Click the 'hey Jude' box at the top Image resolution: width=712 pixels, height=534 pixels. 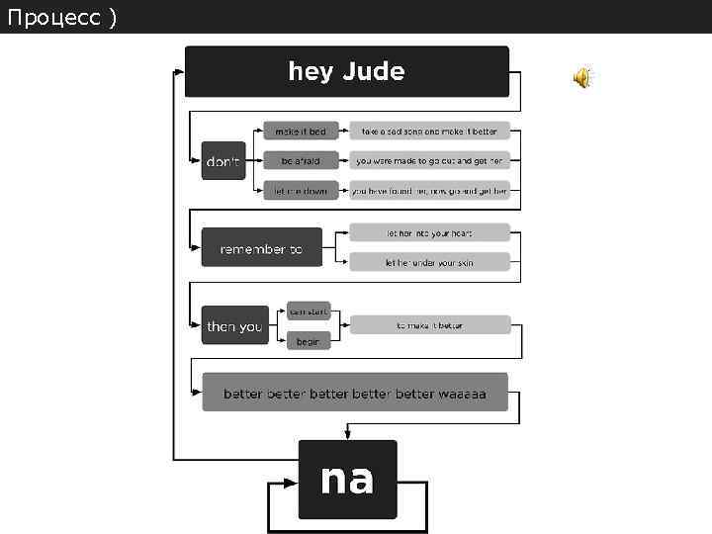pyautogui.click(x=347, y=71)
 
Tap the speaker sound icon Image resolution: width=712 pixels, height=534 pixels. pyautogui.click(x=582, y=78)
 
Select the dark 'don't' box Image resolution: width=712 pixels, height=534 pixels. pyautogui.click(x=222, y=161)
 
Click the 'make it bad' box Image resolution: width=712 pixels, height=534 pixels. pyautogui.click(x=301, y=131)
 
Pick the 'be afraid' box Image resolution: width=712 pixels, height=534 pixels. pyautogui.click(x=301, y=160)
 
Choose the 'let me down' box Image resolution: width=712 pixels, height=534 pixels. pyautogui.click(x=301, y=191)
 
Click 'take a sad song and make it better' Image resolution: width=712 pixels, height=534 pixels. pyautogui.click(x=429, y=131)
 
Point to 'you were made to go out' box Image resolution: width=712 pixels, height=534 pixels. pyautogui.click(x=429, y=160)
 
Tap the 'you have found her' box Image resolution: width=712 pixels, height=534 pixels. pyautogui.click(x=429, y=191)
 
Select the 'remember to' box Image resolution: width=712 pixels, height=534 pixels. pyautogui.click(x=261, y=249)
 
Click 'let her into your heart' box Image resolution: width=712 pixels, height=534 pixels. pyautogui.click(x=429, y=233)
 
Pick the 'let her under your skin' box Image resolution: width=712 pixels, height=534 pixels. pyautogui.click(x=429, y=262)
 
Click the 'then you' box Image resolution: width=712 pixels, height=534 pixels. pyautogui.click(x=235, y=325)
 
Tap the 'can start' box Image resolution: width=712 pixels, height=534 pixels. pyautogui.click(x=309, y=311)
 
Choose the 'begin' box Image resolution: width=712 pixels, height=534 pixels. pyautogui.click(x=309, y=340)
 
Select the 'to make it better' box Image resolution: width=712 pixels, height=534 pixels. pyautogui.click(x=429, y=324)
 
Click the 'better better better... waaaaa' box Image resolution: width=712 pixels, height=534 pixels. pyautogui.click(x=355, y=393)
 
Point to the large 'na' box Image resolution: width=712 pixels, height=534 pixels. pyautogui.click(x=347, y=480)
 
